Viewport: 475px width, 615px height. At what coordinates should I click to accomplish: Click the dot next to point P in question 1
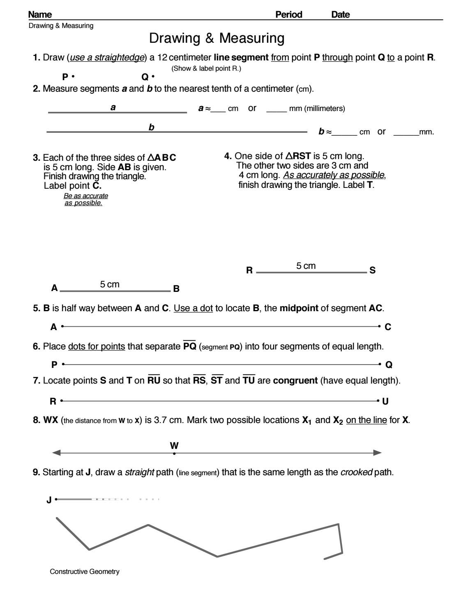pos(73,76)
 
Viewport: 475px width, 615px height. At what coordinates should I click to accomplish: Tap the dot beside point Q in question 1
pos(153,76)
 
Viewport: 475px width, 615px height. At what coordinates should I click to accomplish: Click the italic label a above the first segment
pos(113,108)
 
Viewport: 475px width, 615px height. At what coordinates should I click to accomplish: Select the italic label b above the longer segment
pos(151,127)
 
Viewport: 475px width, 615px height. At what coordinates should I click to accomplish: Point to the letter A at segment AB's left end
pos(54,288)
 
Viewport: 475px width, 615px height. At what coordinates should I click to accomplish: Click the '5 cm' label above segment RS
pos(306,266)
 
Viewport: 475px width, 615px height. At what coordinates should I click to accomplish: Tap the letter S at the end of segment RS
pos(373,271)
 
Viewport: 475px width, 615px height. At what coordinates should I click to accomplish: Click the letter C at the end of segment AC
pos(388,327)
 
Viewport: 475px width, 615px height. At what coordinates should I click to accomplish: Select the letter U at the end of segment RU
pos(385,401)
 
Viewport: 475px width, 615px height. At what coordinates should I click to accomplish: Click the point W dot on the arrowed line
pos(174,453)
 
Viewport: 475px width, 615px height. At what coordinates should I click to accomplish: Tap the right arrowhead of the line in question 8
pos(378,453)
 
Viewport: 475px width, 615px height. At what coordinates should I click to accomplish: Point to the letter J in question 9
pos(49,500)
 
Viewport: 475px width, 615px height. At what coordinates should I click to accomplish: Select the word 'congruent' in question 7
pos(295,381)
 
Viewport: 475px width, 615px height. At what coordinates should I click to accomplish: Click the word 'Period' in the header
pos(288,15)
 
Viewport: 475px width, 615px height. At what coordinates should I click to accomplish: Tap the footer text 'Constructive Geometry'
pos(85,571)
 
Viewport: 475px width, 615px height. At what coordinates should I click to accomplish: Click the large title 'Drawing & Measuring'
pos(217,38)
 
